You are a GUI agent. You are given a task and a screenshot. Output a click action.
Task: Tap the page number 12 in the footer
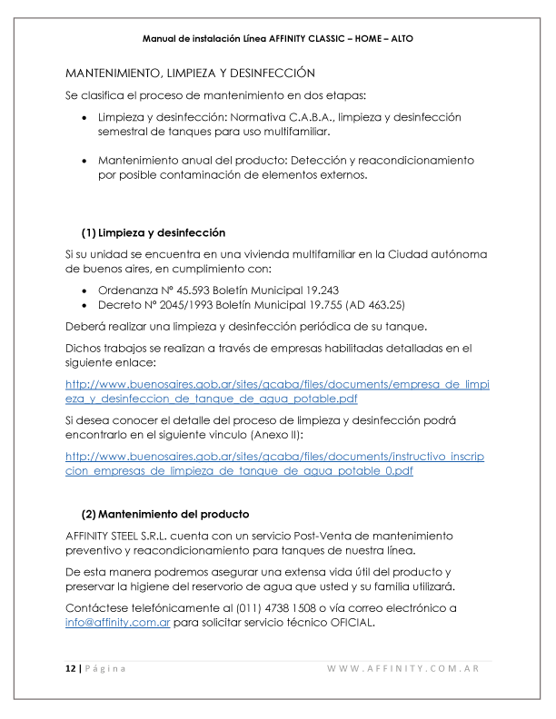[70, 669]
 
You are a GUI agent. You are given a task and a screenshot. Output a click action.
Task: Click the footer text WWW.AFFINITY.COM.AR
[403, 669]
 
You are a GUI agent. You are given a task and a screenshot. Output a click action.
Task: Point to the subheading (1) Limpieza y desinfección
[154, 232]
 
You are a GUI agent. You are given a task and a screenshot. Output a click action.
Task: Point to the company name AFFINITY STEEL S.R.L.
[134, 536]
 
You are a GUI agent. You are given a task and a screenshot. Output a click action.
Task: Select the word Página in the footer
[106, 669]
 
